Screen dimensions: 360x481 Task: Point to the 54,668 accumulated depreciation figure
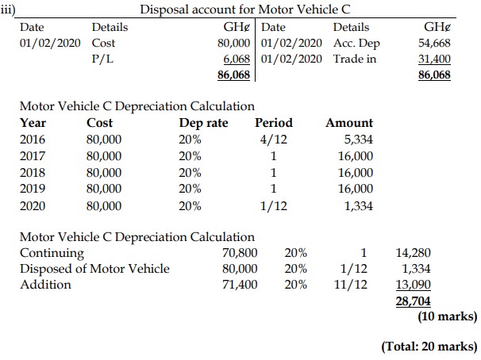tap(433, 43)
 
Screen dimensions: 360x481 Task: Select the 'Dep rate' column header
tap(203, 123)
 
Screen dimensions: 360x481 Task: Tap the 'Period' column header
tap(274, 123)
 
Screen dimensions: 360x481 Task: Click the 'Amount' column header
tap(349, 123)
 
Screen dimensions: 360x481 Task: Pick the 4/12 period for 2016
tap(274, 140)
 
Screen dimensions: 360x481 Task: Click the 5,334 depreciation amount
tap(356, 140)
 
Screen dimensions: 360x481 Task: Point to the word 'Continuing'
tap(51, 253)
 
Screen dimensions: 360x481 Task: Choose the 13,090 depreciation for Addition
tap(413, 283)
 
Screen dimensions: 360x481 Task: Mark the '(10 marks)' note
tap(447, 316)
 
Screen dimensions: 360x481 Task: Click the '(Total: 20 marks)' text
tap(430, 347)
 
